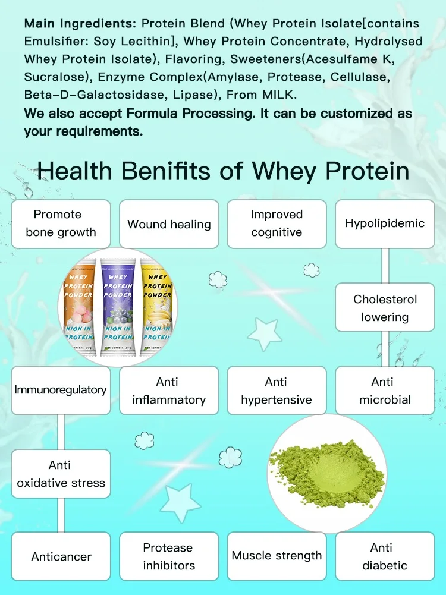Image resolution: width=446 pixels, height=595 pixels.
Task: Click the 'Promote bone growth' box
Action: (61, 223)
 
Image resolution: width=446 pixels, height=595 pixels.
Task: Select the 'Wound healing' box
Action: (169, 224)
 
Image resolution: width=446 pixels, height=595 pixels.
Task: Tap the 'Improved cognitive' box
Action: (277, 223)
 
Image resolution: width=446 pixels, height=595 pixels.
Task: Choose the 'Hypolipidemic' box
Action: (385, 223)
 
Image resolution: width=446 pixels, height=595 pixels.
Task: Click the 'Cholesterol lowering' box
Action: (385, 308)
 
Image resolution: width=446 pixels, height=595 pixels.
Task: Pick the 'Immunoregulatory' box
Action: (61, 391)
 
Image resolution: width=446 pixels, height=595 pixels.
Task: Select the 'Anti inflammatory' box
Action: (169, 391)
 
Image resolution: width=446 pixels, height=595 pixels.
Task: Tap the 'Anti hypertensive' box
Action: (277, 391)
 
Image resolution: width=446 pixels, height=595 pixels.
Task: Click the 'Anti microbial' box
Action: (385, 391)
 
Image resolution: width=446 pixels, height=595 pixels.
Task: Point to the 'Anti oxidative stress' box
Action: (61, 474)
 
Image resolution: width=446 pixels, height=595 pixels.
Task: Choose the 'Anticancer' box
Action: (61, 556)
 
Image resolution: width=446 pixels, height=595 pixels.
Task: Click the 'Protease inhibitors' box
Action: (169, 556)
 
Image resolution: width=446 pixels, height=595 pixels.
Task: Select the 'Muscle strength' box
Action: (277, 556)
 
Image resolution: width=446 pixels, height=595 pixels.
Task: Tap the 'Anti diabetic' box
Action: (385, 556)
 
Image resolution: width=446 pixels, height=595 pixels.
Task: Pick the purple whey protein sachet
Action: (117, 306)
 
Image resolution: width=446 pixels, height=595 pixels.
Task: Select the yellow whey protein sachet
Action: (156, 306)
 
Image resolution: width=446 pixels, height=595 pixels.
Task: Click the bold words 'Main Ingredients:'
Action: (81, 24)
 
